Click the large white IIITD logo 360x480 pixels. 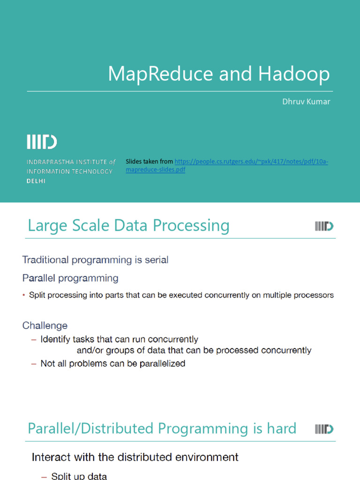[x=42, y=142]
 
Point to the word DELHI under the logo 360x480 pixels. [x=36, y=181]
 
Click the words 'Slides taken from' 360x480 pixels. [x=149, y=162]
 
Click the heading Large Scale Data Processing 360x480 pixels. [x=128, y=225]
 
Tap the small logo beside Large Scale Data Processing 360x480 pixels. [x=324, y=226]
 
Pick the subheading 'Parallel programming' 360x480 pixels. [x=70, y=278]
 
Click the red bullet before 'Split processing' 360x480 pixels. [x=24, y=295]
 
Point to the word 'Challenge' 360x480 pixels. [x=45, y=325]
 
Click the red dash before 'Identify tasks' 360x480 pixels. [x=33, y=339]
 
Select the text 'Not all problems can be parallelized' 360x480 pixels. [x=112, y=363]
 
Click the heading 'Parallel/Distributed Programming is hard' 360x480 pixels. [x=162, y=428]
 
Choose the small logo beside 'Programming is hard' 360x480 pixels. [x=324, y=428]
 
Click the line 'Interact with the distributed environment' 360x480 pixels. [x=135, y=457]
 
